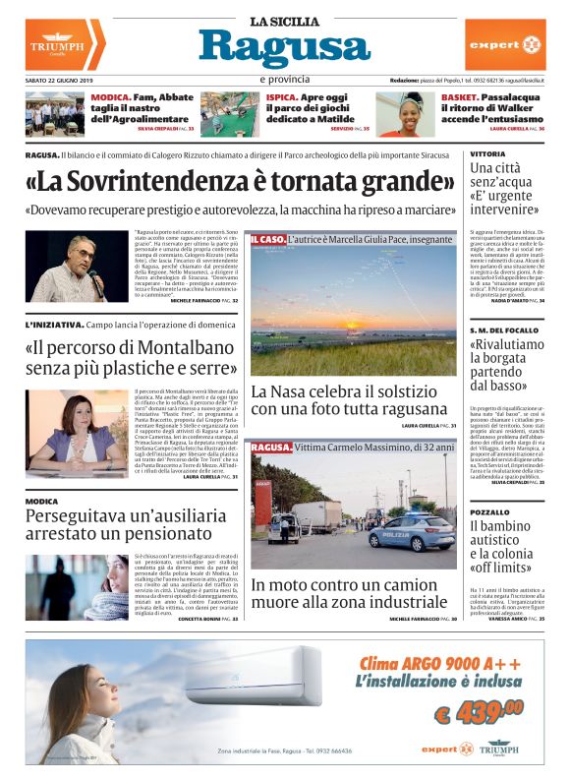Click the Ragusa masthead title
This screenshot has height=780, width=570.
pyautogui.click(x=284, y=47)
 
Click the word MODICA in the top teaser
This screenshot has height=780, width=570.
pyautogui.click(x=109, y=98)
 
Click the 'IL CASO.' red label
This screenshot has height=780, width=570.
pyautogui.click(x=267, y=239)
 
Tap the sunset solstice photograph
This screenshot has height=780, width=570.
pyautogui.click(x=353, y=305)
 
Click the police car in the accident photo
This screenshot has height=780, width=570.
pyautogui.click(x=414, y=532)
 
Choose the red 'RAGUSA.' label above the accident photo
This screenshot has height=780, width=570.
pyautogui.click(x=271, y=448)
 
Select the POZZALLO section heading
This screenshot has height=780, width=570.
pyautogui.click(x=489, y=512)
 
